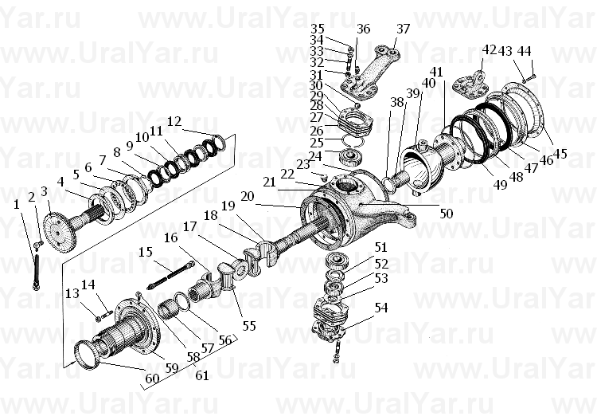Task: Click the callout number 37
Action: tap(403, 29)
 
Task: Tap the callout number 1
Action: tap(16, 204)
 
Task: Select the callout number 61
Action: tap(202, 375)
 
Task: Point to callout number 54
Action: tap(381, 308)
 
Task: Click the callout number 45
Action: tap(560, 154)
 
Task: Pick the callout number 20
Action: tap(248, 196)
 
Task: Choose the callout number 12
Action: tap(174, 122)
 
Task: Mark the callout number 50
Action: tap(447, 213)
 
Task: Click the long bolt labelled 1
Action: tap(37, 273)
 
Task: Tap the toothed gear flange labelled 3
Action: tap(60, 230)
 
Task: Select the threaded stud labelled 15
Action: tap(171, 274)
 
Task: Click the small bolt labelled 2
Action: tap(38, 245)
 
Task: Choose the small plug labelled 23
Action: tap(325, 177)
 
